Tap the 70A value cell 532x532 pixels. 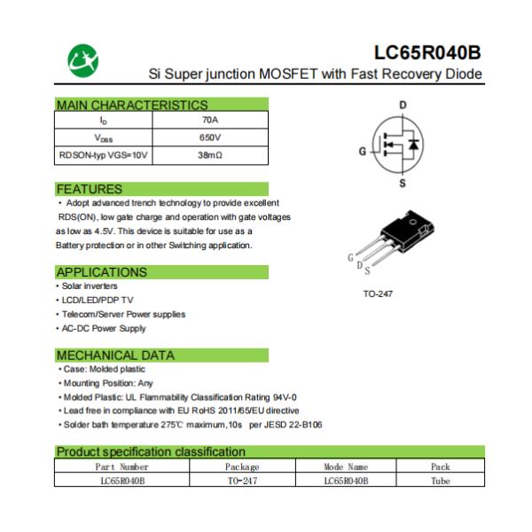[210, 120]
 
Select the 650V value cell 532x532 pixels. [210, 137]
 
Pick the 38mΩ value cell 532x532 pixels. [210, 155]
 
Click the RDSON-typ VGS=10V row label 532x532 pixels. [104, 155]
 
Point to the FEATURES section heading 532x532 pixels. [90, 189]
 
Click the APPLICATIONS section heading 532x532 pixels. [101, 271]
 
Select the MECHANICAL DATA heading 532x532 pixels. [115, 355]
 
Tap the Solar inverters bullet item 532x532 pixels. [88, 286]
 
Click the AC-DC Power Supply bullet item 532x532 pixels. [104, 328]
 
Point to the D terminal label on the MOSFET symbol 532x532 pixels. [403, 105]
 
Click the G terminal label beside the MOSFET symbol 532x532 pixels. [362, 152]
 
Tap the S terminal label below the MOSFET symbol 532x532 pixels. [403, 184]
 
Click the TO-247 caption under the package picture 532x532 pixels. [378, 293]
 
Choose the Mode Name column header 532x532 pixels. [346, 466]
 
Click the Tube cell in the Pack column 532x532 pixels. [441, 480]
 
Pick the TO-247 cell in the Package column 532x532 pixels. [242, 480]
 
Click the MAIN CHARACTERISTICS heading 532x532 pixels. [131, 105]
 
